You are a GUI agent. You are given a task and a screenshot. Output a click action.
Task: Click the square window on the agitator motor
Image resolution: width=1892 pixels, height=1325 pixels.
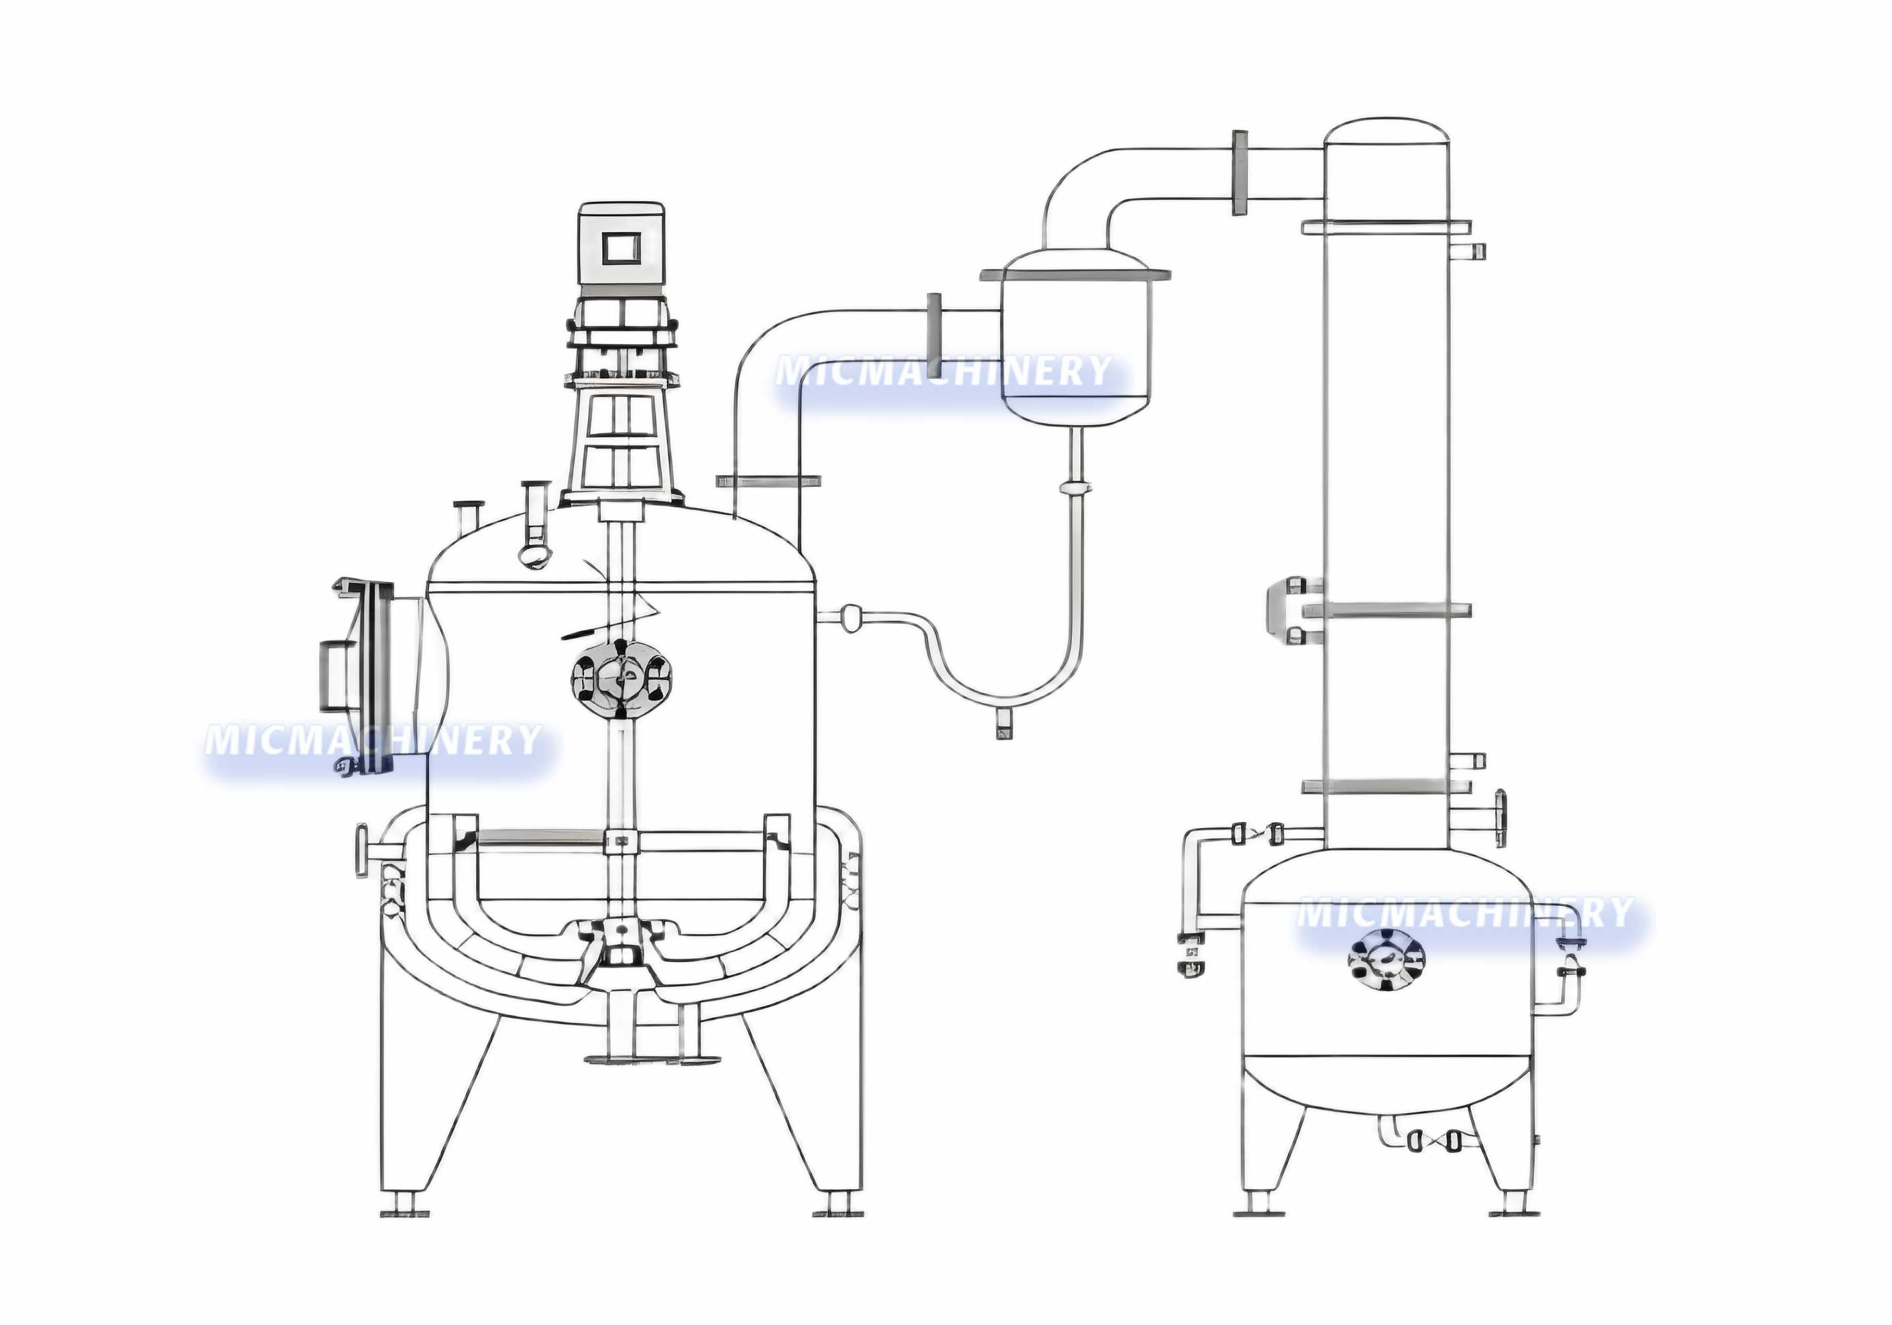pyautogui.click(x=622, y=248)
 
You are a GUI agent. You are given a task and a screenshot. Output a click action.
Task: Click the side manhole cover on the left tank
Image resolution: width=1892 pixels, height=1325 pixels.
pyautogui.click(x=363, y=677)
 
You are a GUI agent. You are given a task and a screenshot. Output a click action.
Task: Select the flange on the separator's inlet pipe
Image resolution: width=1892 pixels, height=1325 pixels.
pyautogui.click(x=935, y=321)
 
